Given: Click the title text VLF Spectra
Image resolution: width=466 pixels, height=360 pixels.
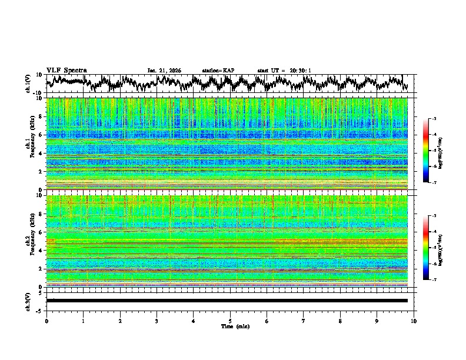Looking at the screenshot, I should (66, 70).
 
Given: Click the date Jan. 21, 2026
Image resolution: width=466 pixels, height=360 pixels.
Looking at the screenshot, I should (164, 71).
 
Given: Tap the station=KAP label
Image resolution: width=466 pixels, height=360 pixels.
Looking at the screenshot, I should (218, 71).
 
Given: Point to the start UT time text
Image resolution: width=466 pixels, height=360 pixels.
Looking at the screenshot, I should (284, 71).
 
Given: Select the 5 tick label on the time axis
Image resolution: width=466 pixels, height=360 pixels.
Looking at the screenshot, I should (230, 321).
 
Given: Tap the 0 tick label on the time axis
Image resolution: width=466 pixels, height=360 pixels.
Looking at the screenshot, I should (46, 321).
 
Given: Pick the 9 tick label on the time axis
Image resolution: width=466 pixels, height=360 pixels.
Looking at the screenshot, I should (377, 321).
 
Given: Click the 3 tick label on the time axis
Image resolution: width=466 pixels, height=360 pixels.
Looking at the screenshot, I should (157, 321).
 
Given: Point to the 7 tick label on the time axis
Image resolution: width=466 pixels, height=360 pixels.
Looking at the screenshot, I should (304, 321).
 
